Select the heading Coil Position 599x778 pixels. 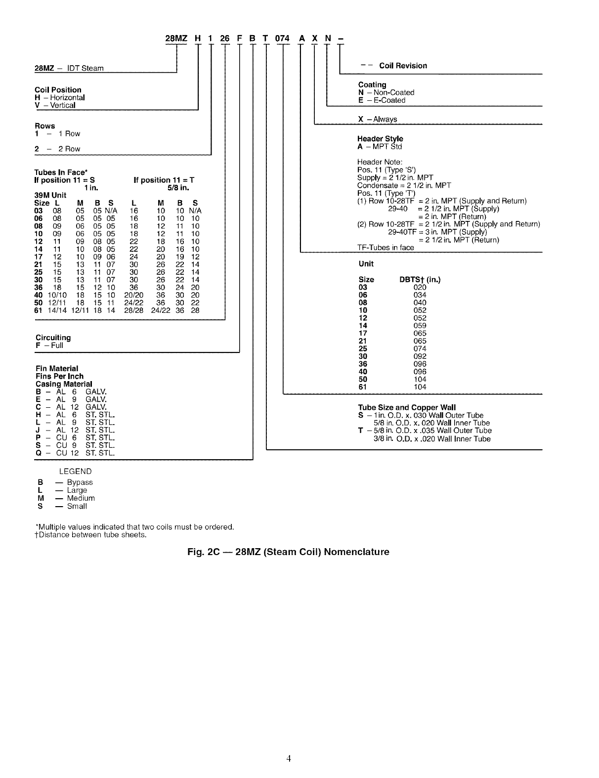[x=58, y=90]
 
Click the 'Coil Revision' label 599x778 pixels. [x=403, y=66]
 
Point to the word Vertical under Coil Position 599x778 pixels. [x=63, y=105]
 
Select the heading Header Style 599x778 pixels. [x=380, y=139]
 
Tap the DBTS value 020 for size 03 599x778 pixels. [x=420, y=288]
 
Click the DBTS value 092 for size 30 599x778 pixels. [x=420, y=356]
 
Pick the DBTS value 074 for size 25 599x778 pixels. [x=420, y=348]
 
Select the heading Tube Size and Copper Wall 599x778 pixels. [x=407, y=408]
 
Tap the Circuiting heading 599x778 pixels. [x=53, y=338]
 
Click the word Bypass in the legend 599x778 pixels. [x=80, y=482]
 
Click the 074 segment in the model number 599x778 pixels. [x=282, y=39]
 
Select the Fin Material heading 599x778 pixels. [x=57, y=369]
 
